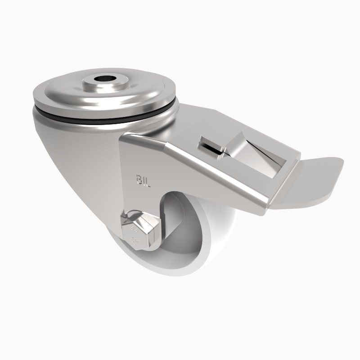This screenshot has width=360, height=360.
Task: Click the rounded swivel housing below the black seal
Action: (x=72, y=153)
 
